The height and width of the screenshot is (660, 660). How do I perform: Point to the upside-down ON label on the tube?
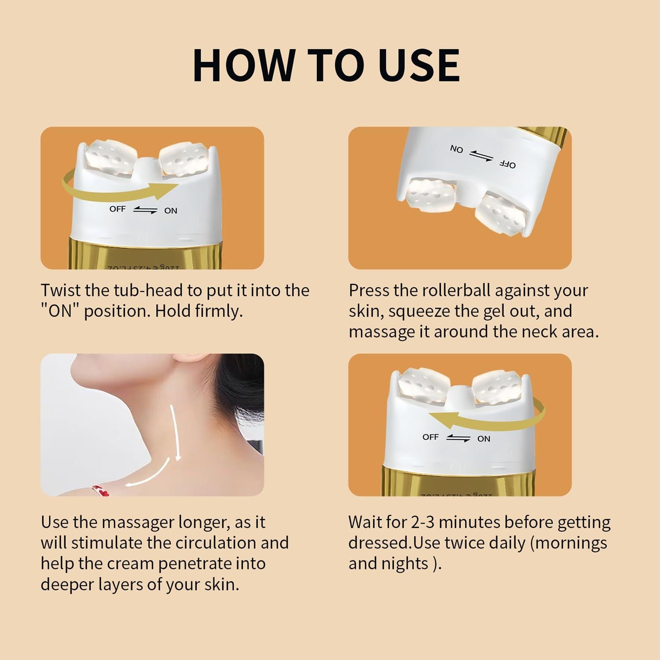pos(456,149)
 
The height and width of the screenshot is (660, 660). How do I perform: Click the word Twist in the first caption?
pos(61,290)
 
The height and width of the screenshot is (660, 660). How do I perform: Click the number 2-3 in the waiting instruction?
pos(423,522)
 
